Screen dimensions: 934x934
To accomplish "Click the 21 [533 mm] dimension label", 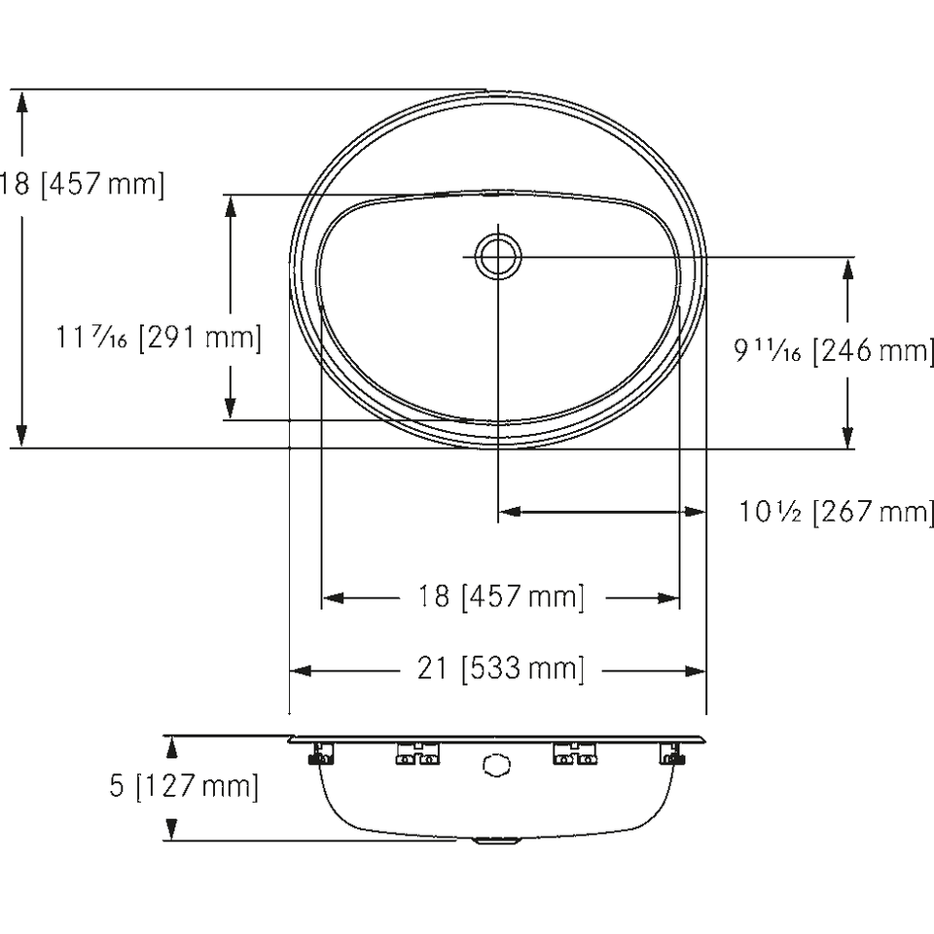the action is (x=500, y=669).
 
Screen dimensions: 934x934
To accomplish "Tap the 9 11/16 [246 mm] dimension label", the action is (x=834, y=350).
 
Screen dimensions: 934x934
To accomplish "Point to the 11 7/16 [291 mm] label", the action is (x=159, y=338).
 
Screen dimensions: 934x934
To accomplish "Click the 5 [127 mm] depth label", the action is (x=184, y=786).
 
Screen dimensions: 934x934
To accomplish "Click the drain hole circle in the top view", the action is (x=498, y=257).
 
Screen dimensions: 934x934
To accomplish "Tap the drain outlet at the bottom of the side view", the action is (x=496, y=841).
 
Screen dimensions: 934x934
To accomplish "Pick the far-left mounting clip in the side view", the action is (x=321, y=753).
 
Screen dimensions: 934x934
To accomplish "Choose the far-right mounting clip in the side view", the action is (x=672, y=753).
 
